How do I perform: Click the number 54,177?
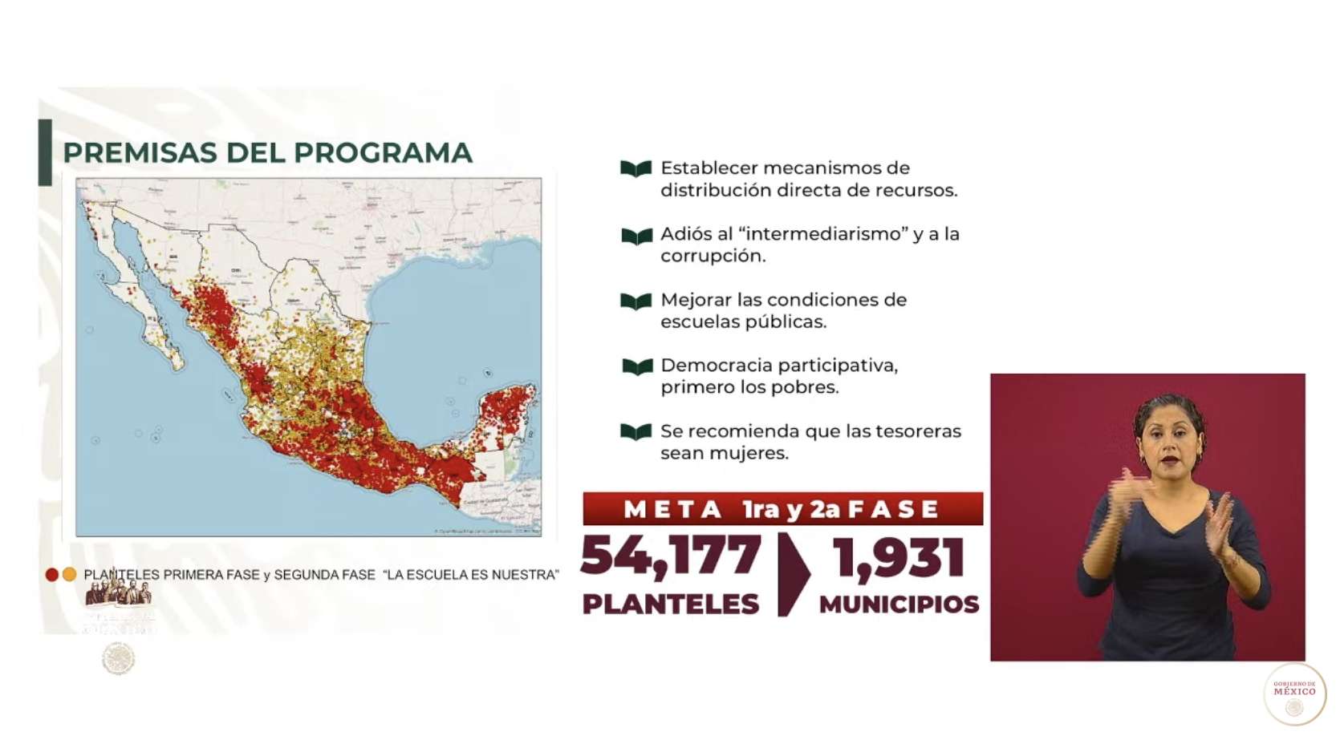pyautogui.click(x=671, y=556)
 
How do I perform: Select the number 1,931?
pyautogui.click(x=899, y=558)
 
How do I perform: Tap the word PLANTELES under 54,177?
pyautogui.click(x=671, y=604)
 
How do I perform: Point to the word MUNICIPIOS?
pyautogui.click(x=899, y=604)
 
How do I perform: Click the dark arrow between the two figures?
pyautogui.click(x=792, y=573)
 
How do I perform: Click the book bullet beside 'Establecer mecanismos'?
pyautogui.click(x=635, y=169)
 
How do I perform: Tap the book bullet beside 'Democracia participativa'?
pyautogui.click(x=637, y=366)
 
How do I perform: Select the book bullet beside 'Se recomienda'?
pyautogui.click(x=635, y=432)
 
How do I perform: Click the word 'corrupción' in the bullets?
pyautogui.click(x=713, y=256)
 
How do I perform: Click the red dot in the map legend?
pyautogui.click(x=52, y=575)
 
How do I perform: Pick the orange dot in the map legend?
pyautogui.click(x=70, y=575)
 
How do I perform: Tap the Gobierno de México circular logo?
pyautogui.click(x=1294, y=694)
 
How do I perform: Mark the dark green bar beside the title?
pyautogui.click(x=45, y=152)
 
